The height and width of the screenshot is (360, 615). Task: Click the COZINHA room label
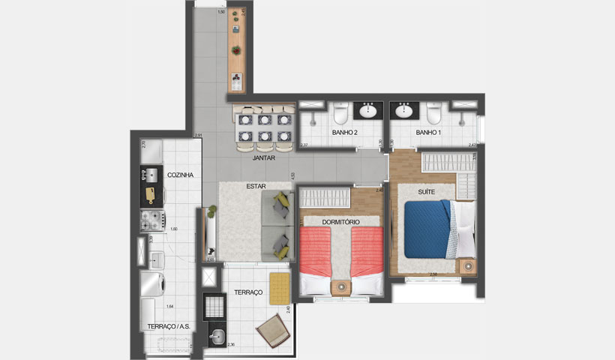click(x=181, y=175)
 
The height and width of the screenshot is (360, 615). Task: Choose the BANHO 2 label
click(x=344, y=133)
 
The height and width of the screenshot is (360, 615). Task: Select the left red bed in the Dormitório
click(x=315, y=253)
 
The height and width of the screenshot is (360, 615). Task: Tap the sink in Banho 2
click(x=368, y=112)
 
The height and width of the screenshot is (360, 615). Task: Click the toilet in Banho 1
click(x=433, y=114)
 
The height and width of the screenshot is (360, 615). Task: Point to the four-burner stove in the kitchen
click(x=152, y=220)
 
